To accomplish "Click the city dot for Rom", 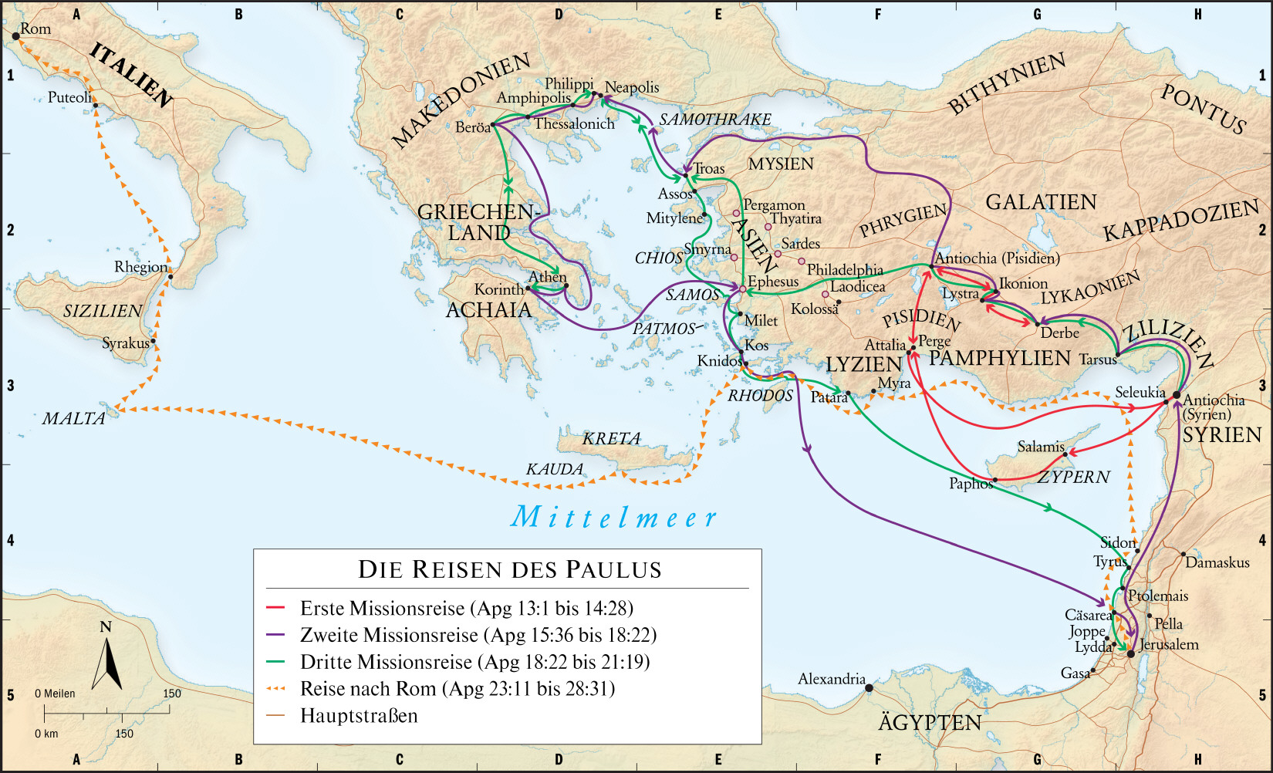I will point(15,35).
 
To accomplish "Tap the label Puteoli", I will point(69,97).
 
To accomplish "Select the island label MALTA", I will point(73,418).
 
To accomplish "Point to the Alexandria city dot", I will point(869,687).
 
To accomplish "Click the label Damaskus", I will point(1217,562).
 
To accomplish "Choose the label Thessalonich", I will point(574,123).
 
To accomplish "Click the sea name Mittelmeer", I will point(614,517).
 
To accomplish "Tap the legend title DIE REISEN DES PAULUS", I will point(510,569).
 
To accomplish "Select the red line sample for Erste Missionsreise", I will point(275,608).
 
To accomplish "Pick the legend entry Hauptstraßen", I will point(359,715).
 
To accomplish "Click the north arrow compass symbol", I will point(106,660).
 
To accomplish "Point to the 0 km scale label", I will point(46,734).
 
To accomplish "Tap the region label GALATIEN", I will point(1041,202).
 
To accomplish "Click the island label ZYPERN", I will point(1073,477).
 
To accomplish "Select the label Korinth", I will point(498,289).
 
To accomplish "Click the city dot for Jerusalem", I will point(1131,653).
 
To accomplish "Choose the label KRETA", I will point(611,438).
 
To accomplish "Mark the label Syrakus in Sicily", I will point(125,343).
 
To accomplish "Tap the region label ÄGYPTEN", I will point(930,722).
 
